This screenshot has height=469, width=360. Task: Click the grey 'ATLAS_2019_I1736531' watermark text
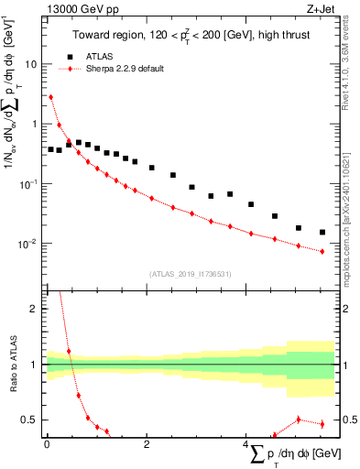(190, 274)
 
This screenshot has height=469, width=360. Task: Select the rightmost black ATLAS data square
(322, 232)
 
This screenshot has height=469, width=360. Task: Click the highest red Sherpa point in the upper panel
(50, 97)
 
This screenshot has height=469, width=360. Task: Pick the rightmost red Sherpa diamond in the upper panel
(322, 251)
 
